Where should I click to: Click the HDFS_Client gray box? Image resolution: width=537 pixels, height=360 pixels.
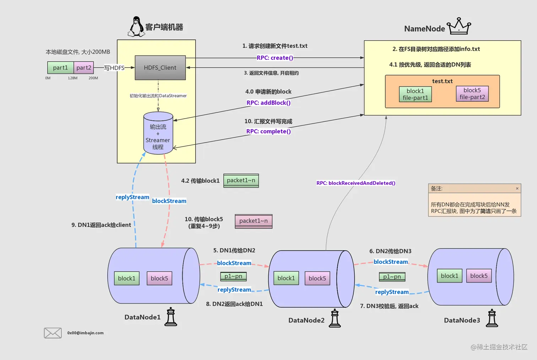click(160, 68)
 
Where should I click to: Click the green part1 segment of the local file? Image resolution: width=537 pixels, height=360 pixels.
click(60, 68)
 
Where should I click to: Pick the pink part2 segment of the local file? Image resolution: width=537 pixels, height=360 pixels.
click(84, 68)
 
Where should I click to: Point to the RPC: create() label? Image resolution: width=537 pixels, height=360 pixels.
click(275, 58)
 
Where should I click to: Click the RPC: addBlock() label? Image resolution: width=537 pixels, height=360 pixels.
click(268, 103)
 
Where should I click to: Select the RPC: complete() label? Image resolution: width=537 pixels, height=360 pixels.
click(268, 131)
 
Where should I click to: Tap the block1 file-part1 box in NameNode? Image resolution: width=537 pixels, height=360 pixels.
click(415, 95)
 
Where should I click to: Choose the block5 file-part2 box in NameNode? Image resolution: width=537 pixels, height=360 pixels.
click(472, 94)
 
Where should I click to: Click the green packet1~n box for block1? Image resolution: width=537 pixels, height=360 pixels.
click(241, 181)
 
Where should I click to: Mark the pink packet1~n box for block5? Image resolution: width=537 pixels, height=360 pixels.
click(254, 221)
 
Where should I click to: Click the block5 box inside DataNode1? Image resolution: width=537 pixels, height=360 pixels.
click(159, 278)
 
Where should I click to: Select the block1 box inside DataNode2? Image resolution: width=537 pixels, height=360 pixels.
click(286, 278)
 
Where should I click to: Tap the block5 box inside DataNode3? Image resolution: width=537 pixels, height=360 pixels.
click(479, 276)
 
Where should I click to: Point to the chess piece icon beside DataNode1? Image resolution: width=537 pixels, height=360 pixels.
click(171, 317)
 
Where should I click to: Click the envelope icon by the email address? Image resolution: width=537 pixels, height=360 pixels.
click(53, 333)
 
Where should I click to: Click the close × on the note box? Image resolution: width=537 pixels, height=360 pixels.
click(517, 188)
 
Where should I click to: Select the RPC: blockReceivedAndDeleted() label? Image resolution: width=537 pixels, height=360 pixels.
click(356, 183)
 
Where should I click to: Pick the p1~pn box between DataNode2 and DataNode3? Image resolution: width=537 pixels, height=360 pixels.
click(392, 277)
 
